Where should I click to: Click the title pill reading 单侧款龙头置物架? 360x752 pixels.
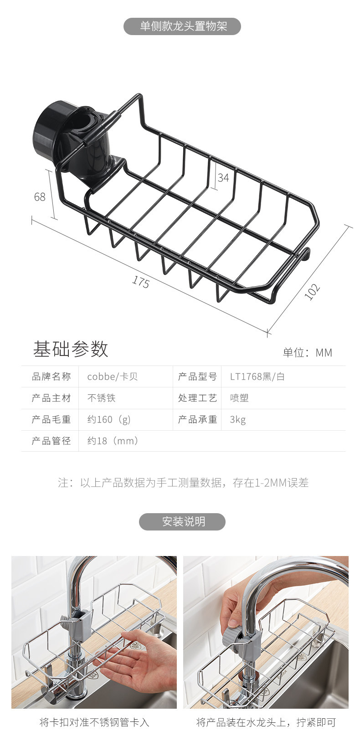pos(182,26)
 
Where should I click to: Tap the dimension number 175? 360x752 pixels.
pos(141,282)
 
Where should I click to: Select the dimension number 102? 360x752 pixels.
pos(312,292)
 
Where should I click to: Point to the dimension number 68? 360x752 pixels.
pos(40,196)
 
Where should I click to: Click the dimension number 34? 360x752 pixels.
pos(223,177)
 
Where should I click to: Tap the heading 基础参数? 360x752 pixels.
pos(70,349)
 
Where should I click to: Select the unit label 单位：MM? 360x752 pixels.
pos(308,352)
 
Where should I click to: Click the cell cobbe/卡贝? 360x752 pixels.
pos(112,376)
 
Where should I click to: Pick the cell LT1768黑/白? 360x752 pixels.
pos(257,376)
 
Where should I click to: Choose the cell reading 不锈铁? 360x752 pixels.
pos(102,398)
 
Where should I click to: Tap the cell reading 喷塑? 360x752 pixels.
pos(239,398)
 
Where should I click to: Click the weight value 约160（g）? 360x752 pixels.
pos(109,419)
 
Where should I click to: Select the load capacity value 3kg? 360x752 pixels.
pos(238,419)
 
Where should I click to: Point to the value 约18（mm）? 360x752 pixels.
pos(113,441)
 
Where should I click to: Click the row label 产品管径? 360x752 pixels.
pos(51,441)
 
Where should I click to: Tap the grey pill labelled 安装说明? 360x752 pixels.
pos(182,521)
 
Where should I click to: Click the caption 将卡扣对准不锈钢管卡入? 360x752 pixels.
pos(94,722)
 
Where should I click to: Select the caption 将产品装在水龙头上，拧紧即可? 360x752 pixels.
pos(266,722)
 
